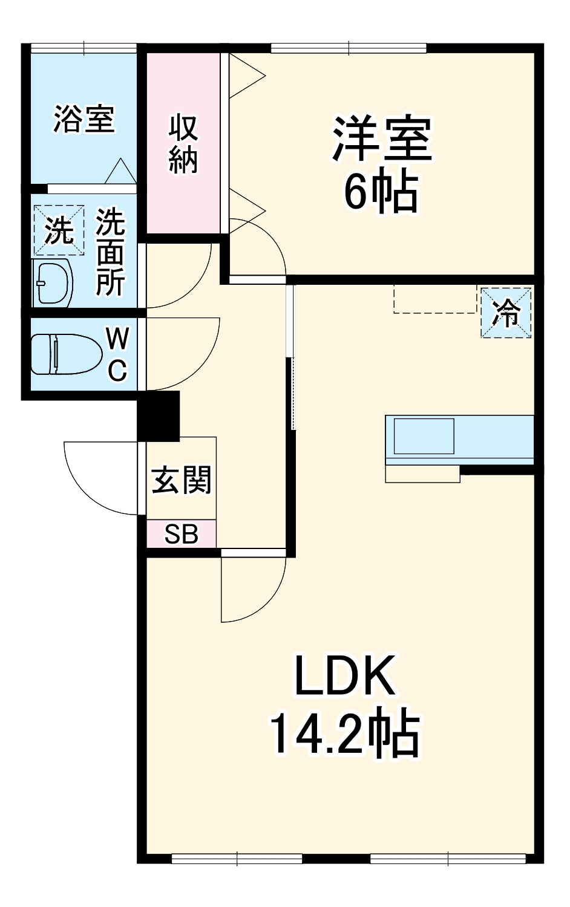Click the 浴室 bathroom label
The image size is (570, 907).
tap(84, 119)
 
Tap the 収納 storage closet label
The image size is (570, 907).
tap(183, 144)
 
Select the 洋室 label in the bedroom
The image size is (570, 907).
tap(381, 139)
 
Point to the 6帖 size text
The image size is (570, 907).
tap(381, 192)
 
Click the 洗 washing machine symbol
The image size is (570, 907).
tap(59, 230)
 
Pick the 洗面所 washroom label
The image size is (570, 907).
tap(111, 252)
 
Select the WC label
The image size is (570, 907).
tap(117, 354)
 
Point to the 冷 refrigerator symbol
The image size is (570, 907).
tap(506, 312)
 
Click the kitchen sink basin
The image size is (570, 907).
tap(424, 435)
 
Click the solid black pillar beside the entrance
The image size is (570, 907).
tap(159, 416)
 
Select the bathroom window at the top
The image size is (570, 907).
tap(84, 48)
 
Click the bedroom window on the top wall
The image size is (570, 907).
tap(349, 48)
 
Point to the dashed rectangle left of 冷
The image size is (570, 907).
tap(434, 298)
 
